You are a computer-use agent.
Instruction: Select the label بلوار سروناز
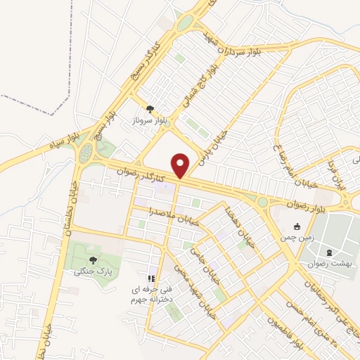coord(149,119)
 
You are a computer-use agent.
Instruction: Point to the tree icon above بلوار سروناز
coord(149,108)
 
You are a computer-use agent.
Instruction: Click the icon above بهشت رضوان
coord(328,252)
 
